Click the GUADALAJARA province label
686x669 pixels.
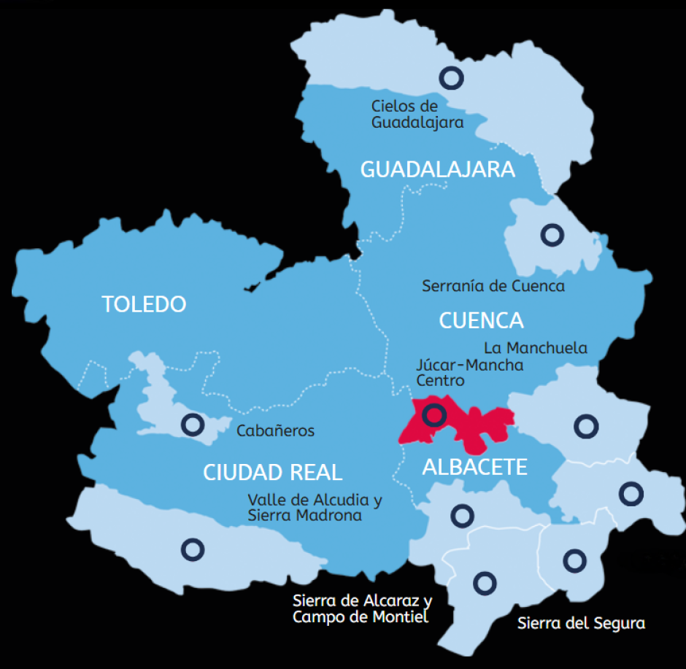point(438,169)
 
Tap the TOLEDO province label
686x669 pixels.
point(144,303)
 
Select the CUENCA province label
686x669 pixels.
point(481,320)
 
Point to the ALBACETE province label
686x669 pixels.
point(474,467)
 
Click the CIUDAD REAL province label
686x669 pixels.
point(272,472)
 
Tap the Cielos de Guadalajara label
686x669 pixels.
point(417,115)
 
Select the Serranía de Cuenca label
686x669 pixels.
point(493,286)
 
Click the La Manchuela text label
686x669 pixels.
point(535,348)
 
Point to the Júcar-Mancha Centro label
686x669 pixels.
point(469,372)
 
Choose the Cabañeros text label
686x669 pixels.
point(275,430)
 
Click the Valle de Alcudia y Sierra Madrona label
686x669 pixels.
point(314,508)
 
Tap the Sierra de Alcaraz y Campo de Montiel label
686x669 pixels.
point(362,609)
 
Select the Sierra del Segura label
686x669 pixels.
point(581,624)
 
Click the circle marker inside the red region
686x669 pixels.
point(434,414)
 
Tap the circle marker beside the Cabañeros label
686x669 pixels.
point(193,423)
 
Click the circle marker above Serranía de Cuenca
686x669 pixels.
point(552,234)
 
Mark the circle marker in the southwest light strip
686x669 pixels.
point(193,549)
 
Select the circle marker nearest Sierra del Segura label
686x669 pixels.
point(575,560)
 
